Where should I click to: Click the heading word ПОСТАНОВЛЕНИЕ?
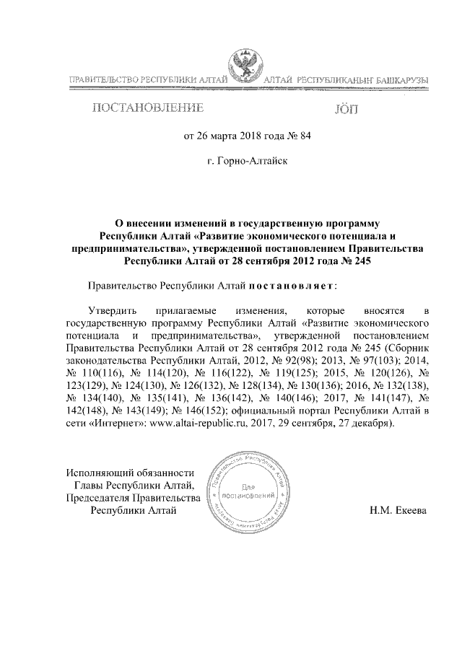tap(146, 109)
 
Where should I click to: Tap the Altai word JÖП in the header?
tap(346, 110)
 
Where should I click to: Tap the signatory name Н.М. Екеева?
tap(398, 511)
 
